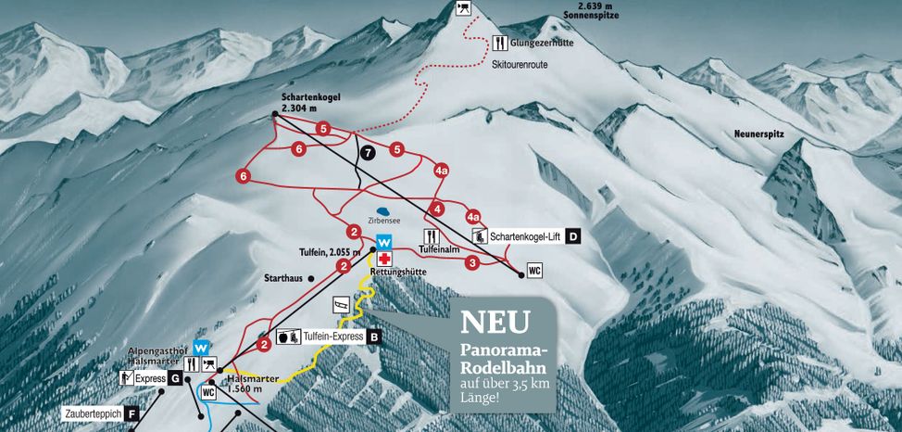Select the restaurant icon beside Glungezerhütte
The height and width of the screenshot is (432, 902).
tap(500, 43)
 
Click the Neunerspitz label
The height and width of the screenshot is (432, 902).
tap(758, 134)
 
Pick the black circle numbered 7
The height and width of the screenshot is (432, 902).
tap(368, 152)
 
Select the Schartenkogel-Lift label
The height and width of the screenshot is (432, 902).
tap(526, 237)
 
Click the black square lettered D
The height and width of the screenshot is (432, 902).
tap(574, 237)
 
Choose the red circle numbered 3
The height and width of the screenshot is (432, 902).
tap(472, 263)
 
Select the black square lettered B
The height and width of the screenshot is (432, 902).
tap(373, 337)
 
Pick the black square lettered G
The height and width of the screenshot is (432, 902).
tap(175, 378)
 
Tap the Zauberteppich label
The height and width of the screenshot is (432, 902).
tap(94, 413)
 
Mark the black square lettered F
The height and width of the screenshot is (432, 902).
tap(133, 413)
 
